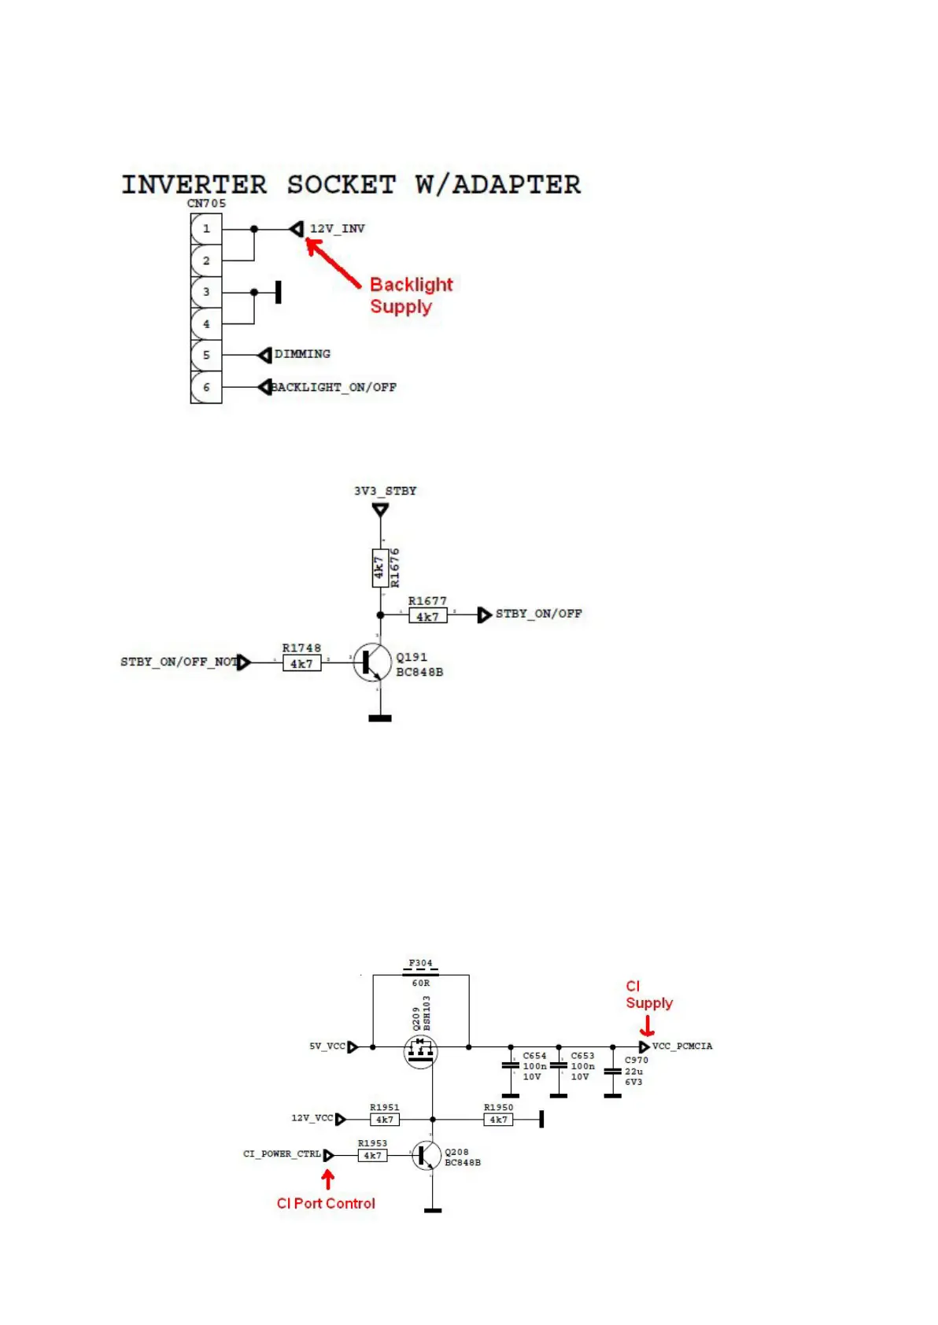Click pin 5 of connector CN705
(x=206, y=355)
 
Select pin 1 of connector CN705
(x=206, y=229)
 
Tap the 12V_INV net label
(x=337, y=229)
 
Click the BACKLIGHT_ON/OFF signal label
(x=334, y=387)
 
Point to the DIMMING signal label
(x=302, y=354)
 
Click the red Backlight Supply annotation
(x=411, y=295)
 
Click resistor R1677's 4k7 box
(x=427, y=616)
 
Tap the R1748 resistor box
(x=301, y=663)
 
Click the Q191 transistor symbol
(x=371, y=662)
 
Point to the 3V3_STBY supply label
(x=385, y=491)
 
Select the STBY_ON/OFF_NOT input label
(x=179, y=662)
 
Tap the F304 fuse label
(x=420, y=963)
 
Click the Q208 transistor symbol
(x=427, y=1155)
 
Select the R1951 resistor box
(x=384, y=1119)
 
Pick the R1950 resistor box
(x=498, y=1119)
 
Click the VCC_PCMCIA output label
(x=681, y=1046)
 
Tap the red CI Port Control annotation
(x=326, y=1203)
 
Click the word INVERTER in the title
(x=194, y=185)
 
